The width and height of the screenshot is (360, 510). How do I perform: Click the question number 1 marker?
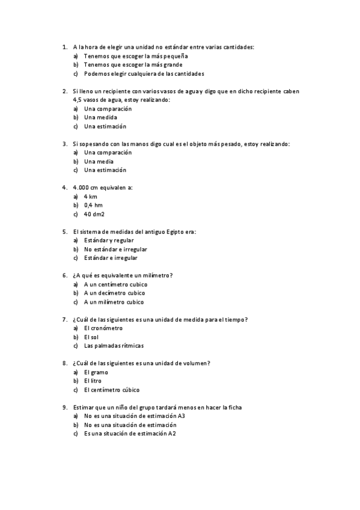[x=64, y=46]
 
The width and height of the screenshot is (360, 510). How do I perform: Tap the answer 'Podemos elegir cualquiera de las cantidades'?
[x=144, y=73]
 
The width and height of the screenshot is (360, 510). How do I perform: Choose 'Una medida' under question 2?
[x=100, y=117]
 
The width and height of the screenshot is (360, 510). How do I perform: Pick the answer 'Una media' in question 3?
[x=99, y=161]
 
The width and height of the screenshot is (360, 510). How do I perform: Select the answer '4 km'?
[x=91, y=197]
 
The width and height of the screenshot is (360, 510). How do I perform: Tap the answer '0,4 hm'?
[x=94, y=205]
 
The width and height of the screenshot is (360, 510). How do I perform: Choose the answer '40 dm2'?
[x=95, y=214]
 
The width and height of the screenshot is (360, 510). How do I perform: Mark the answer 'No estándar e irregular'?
[x=115, y=249]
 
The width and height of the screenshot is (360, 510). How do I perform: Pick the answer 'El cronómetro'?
[x=103, y=328]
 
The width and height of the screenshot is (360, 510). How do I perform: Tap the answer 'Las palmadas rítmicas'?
[x=114, y=346]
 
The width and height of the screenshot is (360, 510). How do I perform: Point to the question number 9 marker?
[x=64, y=407]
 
